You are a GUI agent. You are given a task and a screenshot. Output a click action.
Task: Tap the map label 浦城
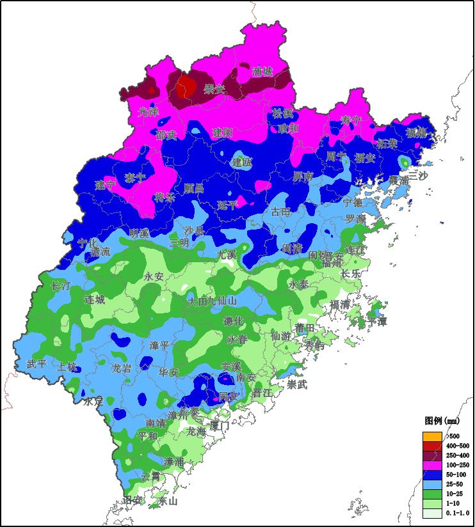[x=262, y=72]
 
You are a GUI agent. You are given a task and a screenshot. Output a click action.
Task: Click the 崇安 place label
[x=214, y=90]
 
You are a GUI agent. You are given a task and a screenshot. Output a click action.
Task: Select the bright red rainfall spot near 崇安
[x=186, y=84]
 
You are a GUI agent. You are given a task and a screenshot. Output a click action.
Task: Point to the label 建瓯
[x=242, y=162]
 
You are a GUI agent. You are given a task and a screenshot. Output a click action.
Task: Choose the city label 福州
[x=332, y=262]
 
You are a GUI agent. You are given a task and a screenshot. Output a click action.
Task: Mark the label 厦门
[x=219, y=425]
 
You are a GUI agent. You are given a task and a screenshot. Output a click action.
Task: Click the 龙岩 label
[x=122, y=368]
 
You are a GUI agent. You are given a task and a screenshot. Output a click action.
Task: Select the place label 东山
[x=167, y=501]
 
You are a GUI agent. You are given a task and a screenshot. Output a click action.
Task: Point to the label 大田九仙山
[x=212, y=301]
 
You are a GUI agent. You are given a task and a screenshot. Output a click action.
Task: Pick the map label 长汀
[x=61, y=287]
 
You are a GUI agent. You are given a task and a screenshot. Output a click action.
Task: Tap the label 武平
[x=36, y=364]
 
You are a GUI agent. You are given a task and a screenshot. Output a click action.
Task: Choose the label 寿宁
[x=351, y=120]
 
